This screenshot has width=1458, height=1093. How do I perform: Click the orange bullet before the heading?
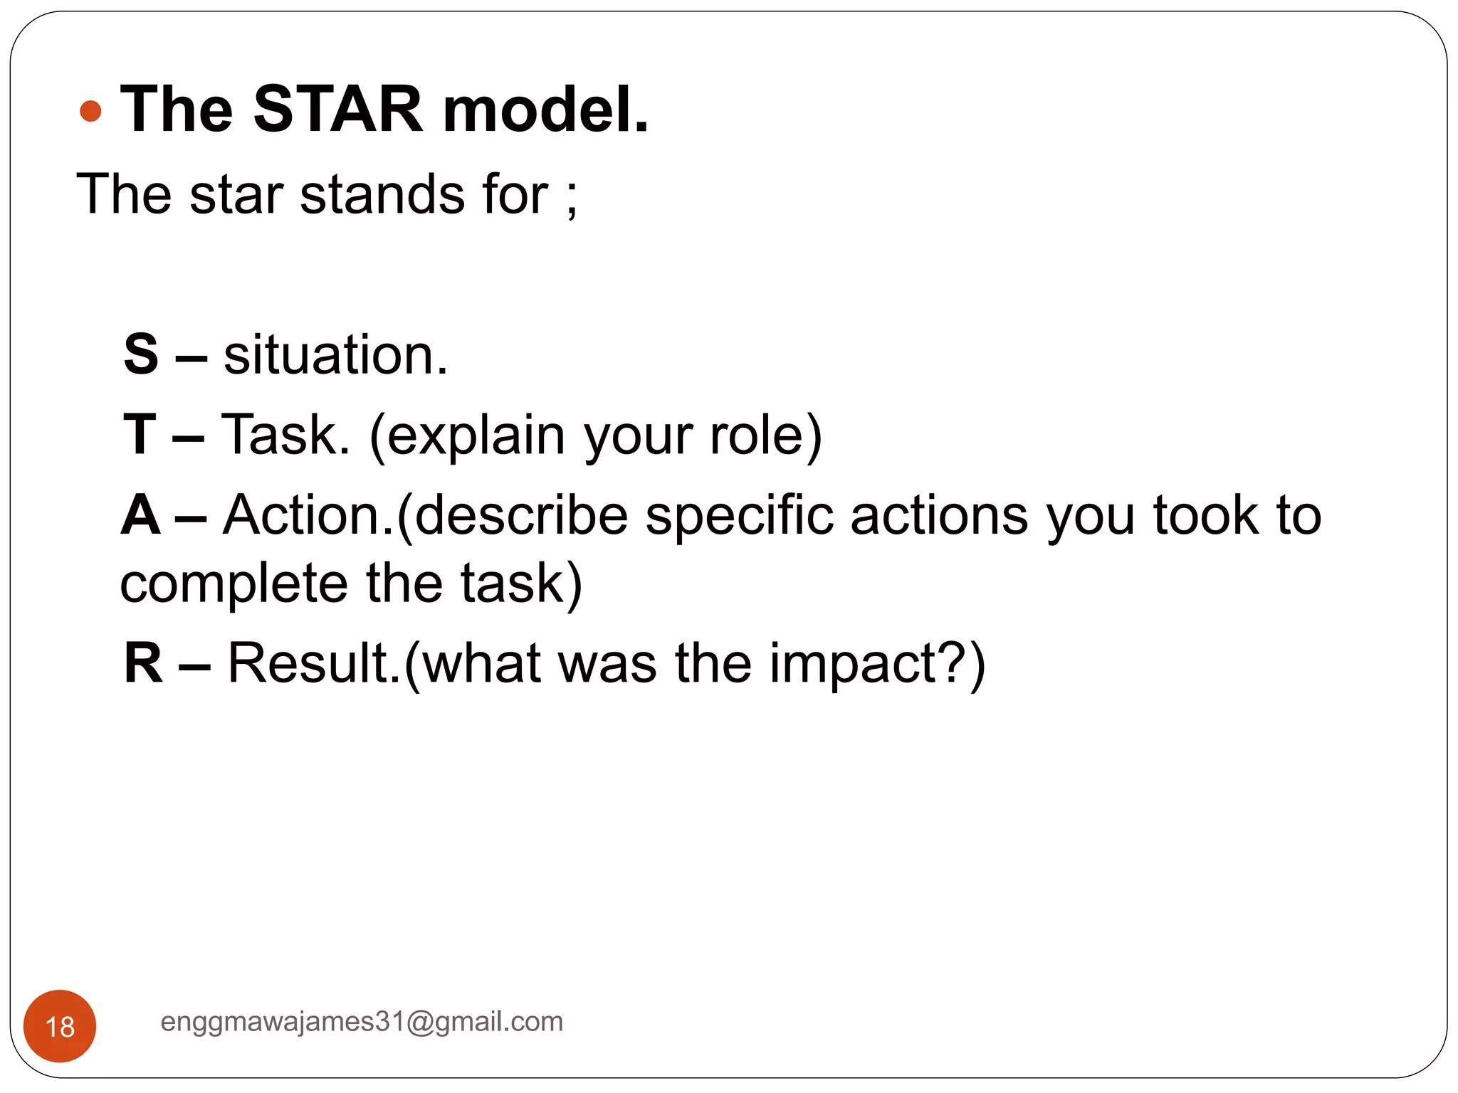pos(90,111)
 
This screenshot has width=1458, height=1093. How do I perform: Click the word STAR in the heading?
pos(338,110)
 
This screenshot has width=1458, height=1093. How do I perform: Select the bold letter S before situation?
pos(140,354)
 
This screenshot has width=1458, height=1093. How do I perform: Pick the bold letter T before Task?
pos(139,434)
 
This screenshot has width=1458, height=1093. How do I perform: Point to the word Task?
pos(285,434)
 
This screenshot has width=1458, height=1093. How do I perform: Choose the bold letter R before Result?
pos(142,663)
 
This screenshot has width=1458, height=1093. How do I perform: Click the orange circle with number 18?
pos(60,1025)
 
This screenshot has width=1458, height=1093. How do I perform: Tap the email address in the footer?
pos(362,1022)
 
